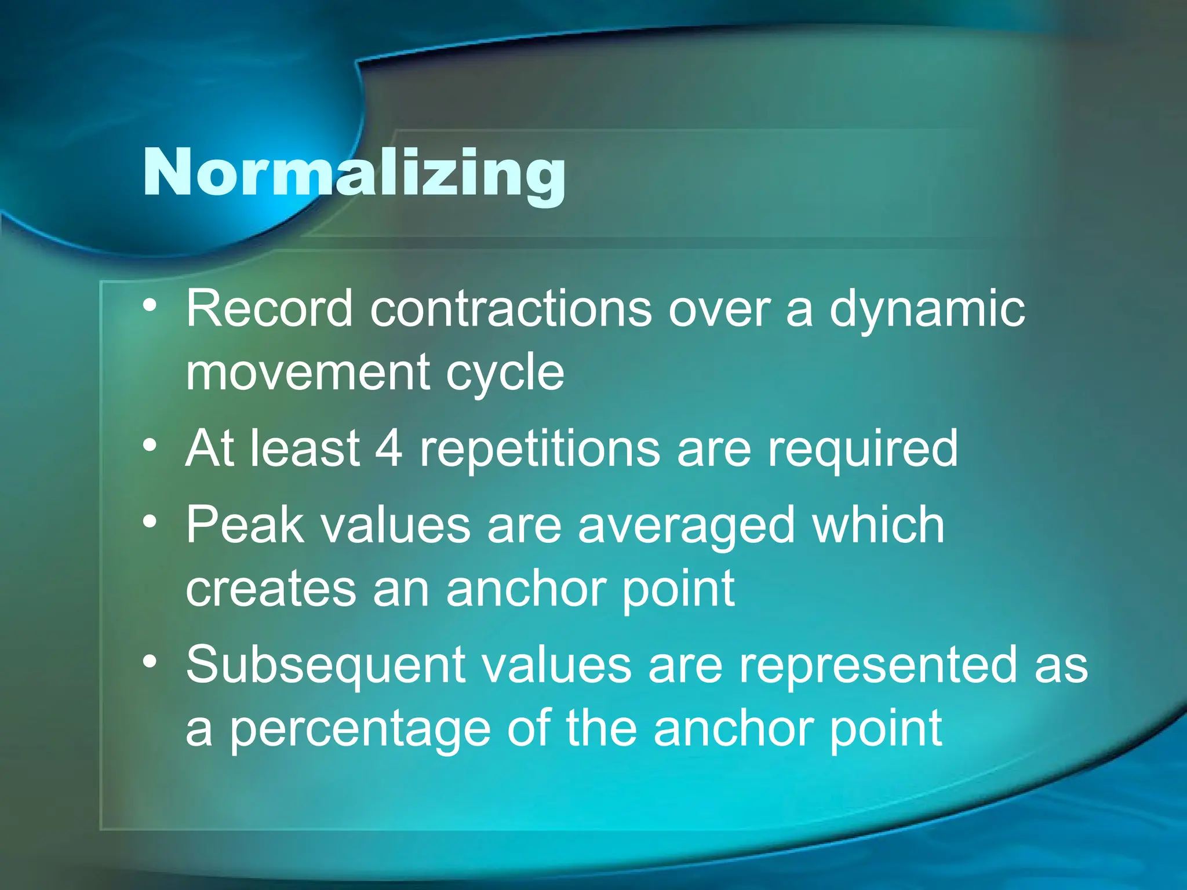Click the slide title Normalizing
[354, 174]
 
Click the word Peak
[245, 524]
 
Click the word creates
[271, 589]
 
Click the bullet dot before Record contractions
[150, 306]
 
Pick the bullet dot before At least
[150, 446]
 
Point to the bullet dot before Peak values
[150, 522]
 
